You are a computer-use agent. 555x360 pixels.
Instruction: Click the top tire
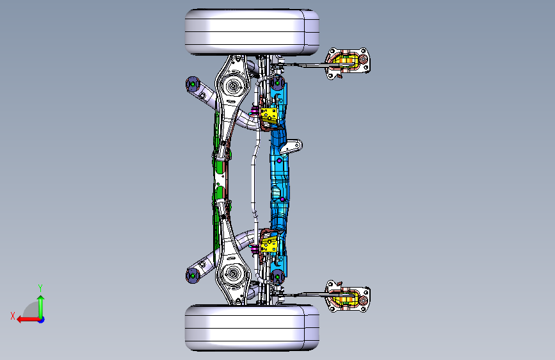pyautogui.click(x=252, y=32)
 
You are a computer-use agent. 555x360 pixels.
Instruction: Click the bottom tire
pyautogui.click(x=252, y=328)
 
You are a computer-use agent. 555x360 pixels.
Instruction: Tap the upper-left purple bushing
pyautogui.click(x=193, y=85)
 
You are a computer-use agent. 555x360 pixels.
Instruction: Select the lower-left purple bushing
pyautogui.click(x=193, y=275)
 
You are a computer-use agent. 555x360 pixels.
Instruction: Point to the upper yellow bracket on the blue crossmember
pyautogui.click(x=269, y=115)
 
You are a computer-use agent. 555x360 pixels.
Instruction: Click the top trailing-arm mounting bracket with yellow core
pyautogui.click(x=348, y=63)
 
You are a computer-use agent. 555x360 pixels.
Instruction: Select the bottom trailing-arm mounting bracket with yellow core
pyautogui.click(x=348, y=297)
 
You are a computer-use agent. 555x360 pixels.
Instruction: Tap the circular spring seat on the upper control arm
pyautogui.click(x=232, y=86)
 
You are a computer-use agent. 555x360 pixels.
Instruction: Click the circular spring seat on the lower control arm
pyautogui.click(x=232, y=273)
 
